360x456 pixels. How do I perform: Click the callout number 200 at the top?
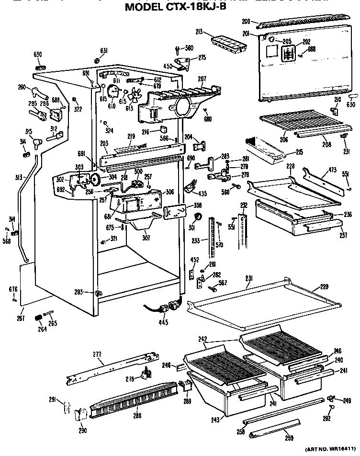pyautogui.click(x=246, y=22)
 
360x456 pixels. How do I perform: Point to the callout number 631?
pyautogui.click(x=103, y=51)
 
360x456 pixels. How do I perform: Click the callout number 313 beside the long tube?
pyautogui.click(x=19, y=177)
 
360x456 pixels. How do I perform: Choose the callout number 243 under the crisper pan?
pyautogui.click(x=215, y=420)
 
